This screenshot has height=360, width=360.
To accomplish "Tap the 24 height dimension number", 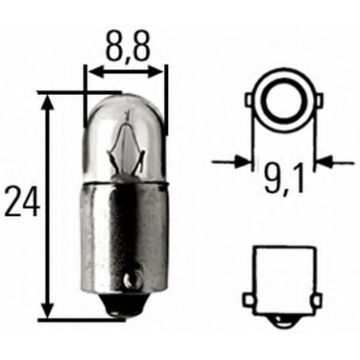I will click(x=22, y=204).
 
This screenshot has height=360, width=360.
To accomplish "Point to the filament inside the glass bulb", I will click(x=127, y=143).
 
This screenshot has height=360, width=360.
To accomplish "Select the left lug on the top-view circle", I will click(x=250, y=103).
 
